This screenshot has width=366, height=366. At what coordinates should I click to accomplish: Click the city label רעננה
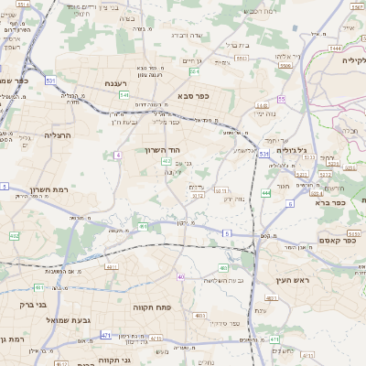coord(114,83)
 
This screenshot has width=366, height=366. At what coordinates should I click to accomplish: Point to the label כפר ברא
coord(339,203)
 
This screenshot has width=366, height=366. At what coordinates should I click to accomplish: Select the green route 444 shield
coord(266,193)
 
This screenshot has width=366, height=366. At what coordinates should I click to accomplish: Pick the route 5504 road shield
coord(285,66)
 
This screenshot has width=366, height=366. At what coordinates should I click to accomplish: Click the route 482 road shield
coord(14,236)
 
